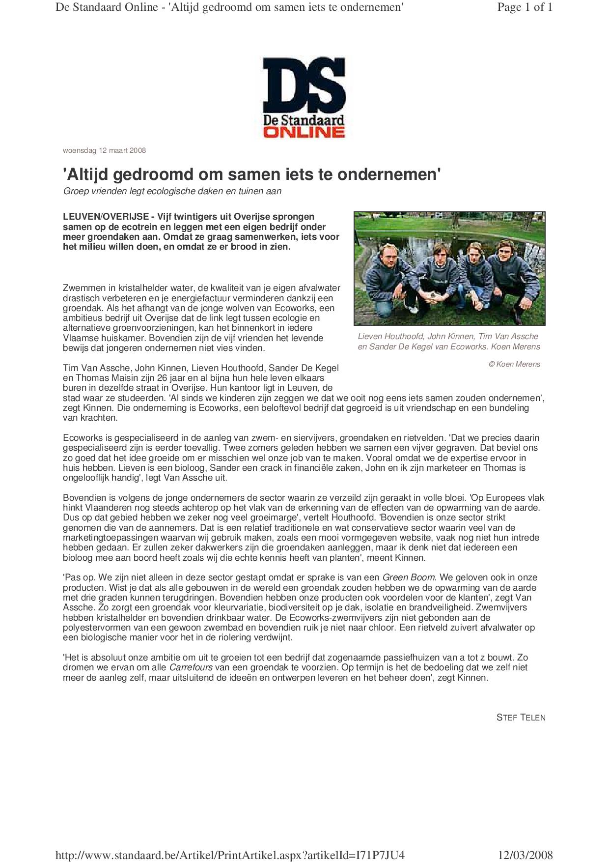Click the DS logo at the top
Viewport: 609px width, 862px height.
(304, 84)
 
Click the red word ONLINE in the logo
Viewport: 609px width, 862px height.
(304, 132)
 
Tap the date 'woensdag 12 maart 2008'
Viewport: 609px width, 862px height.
(104, 150)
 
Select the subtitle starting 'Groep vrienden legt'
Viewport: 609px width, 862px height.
(172, 191)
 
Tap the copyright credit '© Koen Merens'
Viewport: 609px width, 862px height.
(514, 364)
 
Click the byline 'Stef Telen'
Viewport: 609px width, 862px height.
(521, 718)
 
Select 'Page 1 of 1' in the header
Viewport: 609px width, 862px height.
(525, 7)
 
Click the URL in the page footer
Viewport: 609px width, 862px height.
(230, 855)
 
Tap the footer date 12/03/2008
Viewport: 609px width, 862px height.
(525, 855)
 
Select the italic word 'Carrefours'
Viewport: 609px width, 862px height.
(191, 667)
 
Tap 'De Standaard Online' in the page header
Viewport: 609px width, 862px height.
(107, 7)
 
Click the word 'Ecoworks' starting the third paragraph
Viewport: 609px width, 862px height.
(81, 438)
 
